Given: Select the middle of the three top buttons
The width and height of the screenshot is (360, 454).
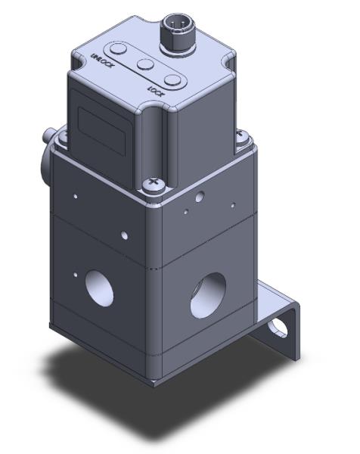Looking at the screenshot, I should tap(144, 63).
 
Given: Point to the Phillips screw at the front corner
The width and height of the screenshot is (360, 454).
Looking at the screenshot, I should tap(153, 184).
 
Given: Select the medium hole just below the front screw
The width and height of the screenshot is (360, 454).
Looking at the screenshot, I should tap(198, 198).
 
